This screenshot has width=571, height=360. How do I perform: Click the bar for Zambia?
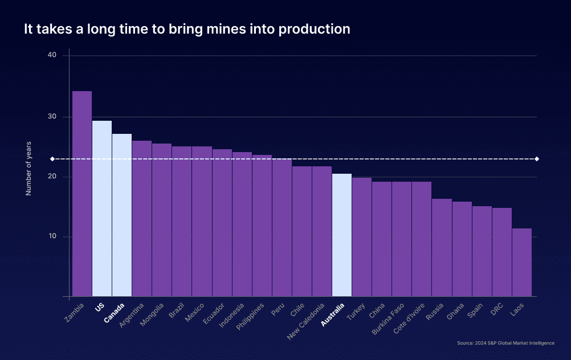(x=82, y=194)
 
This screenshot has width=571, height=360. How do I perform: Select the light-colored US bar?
(x=102, y=208)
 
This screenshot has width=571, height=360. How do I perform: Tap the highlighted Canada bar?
(x=122, y=215)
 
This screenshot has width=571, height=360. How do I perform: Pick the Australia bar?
(x=342, y=235)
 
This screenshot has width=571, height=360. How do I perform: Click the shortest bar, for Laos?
(x=522, y=262)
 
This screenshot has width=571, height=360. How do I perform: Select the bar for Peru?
(x=282, y=227)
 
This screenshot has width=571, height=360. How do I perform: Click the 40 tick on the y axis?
(x=52, y=55)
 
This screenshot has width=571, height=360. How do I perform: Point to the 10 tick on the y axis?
(x=52, y=236)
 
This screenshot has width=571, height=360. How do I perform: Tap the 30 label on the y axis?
(x=52, y=117)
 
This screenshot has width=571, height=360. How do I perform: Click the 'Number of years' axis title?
(x=28, y=168)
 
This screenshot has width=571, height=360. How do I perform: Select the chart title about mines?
(x=187, y=29)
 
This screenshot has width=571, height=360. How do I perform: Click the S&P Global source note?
(x=505, y=343)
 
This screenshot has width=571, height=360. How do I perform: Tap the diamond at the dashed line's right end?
(x=537, y=159)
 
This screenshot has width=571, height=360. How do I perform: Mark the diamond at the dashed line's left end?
(x=52, y=159)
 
